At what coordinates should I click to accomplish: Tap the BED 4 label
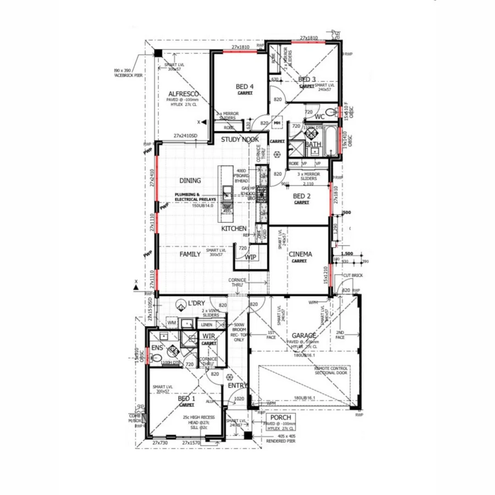(245, 86)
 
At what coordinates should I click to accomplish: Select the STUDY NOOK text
(240, 139)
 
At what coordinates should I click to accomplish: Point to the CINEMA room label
(300, 254)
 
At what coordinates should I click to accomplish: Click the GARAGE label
(301, 335)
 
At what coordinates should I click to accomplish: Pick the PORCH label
(280, 418)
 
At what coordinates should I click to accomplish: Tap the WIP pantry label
(251, 257)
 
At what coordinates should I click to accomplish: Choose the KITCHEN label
(234, 228)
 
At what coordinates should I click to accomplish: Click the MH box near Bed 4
(277, 123)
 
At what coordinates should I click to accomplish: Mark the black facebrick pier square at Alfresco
(158, 54)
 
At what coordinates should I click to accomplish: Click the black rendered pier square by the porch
(247, 436)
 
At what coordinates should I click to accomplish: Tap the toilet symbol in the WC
(330, 111)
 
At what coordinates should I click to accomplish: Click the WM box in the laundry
(171, 323)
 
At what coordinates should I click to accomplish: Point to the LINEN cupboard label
(207, 324)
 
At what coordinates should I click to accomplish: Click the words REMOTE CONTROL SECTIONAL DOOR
(331, 371)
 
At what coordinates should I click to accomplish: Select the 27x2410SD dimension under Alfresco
(185, 136)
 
